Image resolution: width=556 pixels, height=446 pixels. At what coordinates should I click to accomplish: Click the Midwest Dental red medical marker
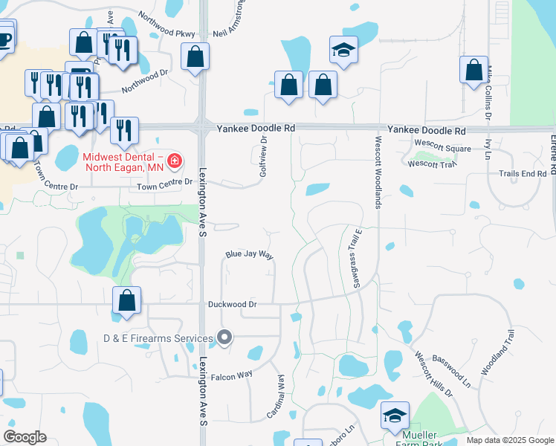(174, 161)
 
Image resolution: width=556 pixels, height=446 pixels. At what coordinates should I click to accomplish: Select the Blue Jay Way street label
(250, 255)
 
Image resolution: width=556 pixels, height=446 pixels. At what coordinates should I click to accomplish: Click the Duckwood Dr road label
(233, 304)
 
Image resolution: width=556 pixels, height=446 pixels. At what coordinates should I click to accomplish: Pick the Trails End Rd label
(523, 173)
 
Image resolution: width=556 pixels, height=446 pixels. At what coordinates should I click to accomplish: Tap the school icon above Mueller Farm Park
(395, 416)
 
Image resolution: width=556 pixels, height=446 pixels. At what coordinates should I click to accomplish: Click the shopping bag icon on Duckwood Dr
(127, 301)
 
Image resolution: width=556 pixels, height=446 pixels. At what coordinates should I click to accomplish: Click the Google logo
(25, 438)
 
